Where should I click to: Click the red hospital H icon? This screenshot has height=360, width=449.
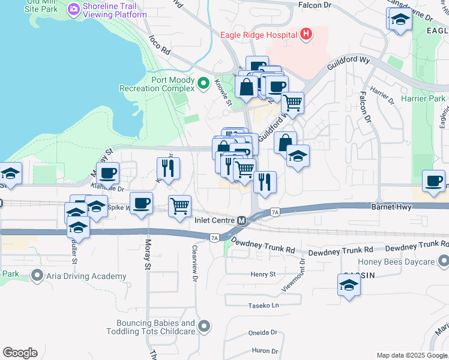306,34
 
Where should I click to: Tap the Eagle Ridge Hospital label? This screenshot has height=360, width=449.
259,34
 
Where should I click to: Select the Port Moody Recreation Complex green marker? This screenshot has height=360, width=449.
203,83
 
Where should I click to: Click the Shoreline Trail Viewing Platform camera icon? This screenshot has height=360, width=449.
74,9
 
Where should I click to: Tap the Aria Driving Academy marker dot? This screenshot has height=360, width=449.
37,276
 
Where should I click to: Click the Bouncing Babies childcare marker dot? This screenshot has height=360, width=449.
204,326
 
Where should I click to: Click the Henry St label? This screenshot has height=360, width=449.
263,274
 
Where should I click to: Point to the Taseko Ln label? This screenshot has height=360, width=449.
264,305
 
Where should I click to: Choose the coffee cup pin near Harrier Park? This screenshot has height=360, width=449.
433,181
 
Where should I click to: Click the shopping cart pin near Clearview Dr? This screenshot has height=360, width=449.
179,206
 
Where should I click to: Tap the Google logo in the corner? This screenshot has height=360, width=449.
20,353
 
